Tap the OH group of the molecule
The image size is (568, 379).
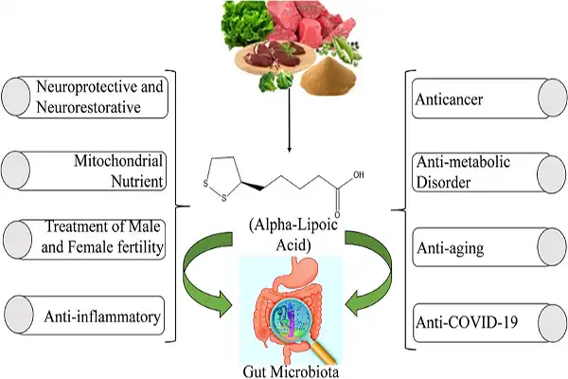tap(357, 175)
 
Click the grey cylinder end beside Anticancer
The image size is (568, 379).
tap(553, 97)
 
